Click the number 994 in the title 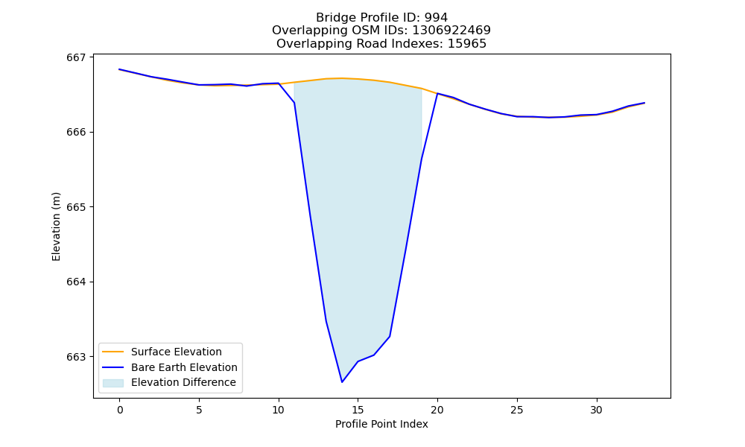[436, 18]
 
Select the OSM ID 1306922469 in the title [451, 31]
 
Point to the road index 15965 [466, 44]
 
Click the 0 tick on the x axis [120, 410]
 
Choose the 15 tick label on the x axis [358, 410]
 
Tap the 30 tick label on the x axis [596, 410]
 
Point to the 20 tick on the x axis [437, 410]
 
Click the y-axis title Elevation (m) [56, 226]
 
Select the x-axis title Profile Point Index [381, 424]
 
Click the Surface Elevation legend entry [177, 352]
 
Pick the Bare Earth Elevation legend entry [184, 367]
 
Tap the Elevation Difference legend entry [183, 382]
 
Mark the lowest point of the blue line [342, 382]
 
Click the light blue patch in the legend [113, 383]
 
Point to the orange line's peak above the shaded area [342, 78]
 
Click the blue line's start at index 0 [120, 69]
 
